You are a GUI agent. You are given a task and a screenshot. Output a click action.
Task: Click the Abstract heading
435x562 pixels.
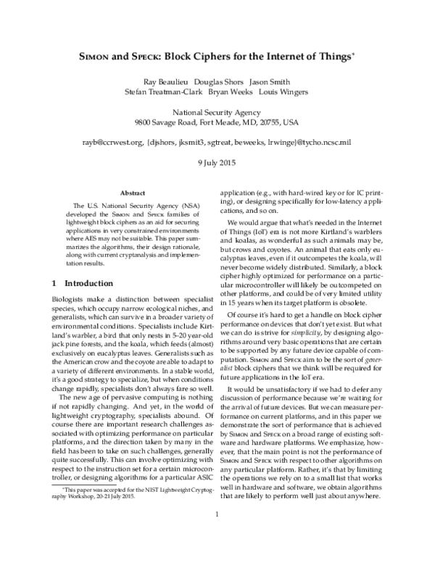point(132,194)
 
